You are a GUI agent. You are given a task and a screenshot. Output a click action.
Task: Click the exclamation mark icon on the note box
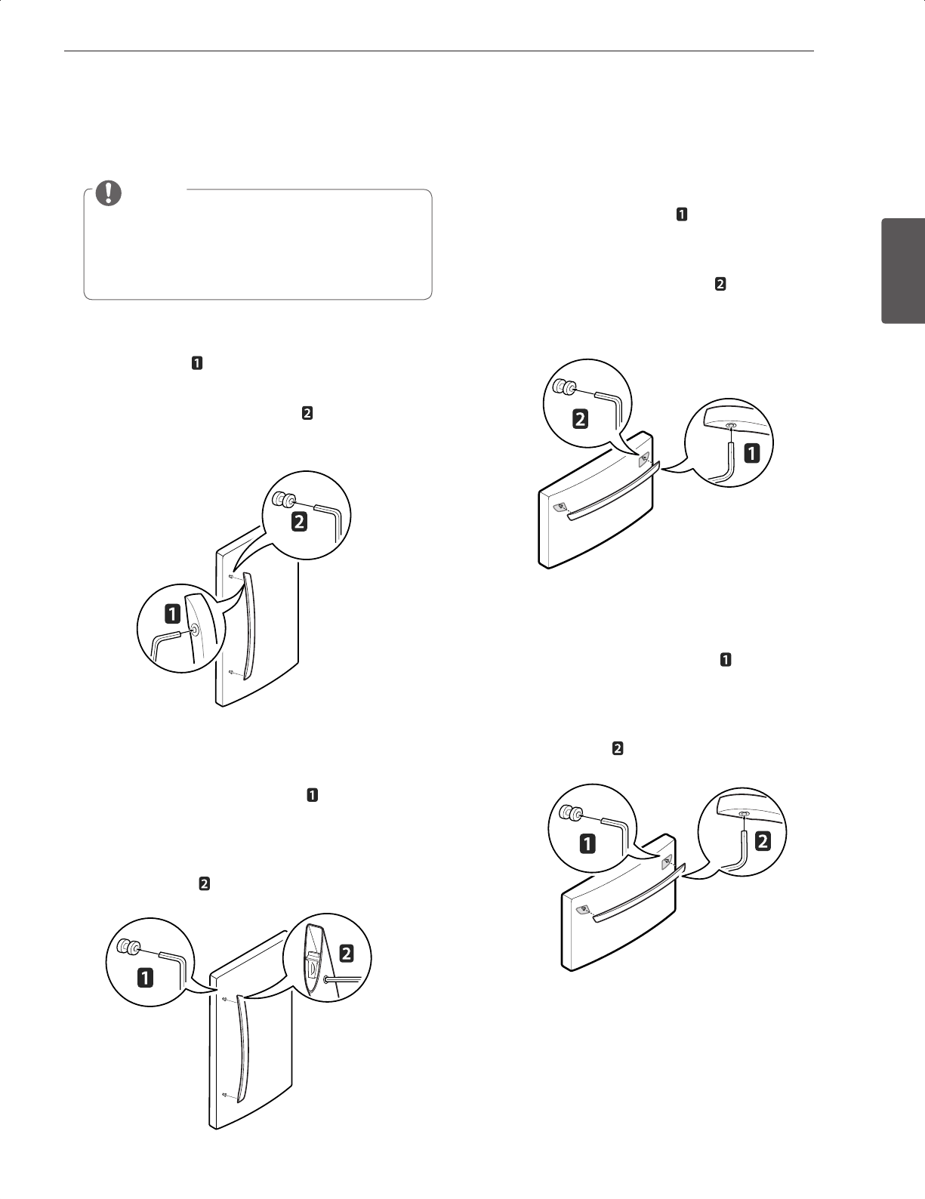[109, 193]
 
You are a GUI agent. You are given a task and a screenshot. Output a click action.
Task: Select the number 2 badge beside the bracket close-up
[347, 954]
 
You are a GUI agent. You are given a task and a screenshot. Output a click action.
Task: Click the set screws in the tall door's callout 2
[283, 499]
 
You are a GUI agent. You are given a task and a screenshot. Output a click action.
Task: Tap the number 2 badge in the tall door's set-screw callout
[300, 522]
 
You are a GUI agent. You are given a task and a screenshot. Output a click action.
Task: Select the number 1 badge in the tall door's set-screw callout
[143, 978]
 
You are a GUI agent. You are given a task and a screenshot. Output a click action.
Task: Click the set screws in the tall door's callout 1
[126, 947]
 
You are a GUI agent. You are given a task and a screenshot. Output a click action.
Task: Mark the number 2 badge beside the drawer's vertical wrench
[763, 843]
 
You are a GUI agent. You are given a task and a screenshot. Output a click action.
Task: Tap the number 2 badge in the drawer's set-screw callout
[581, 419]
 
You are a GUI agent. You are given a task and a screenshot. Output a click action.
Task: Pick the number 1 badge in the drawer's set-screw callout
[587, 845]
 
